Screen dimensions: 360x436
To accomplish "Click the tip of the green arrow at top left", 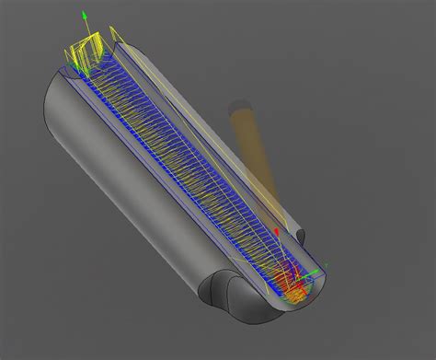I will click(x=84, y=14).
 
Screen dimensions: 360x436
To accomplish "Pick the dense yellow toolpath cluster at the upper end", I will click(x=87, y=55).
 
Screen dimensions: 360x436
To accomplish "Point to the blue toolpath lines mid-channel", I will click(x=184, y=166).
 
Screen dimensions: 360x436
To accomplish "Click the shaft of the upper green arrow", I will click(x=85, y=32).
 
